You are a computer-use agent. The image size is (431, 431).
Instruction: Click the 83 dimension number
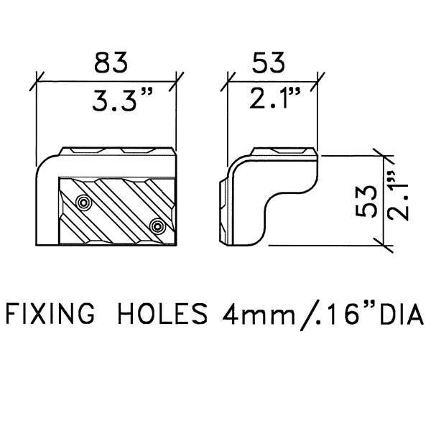tap(111, 62)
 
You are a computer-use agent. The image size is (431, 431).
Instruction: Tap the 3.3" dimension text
tap(122, 100)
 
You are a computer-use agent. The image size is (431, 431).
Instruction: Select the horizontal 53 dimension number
tap(268, 62)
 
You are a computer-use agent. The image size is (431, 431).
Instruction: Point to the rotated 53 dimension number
tap(366, 201)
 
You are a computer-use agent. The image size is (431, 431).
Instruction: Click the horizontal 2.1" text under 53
tap(274, 98)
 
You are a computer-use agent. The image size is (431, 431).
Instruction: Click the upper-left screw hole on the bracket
tap(84, 203)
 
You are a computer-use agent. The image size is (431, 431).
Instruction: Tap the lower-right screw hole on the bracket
tap(158, 226)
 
